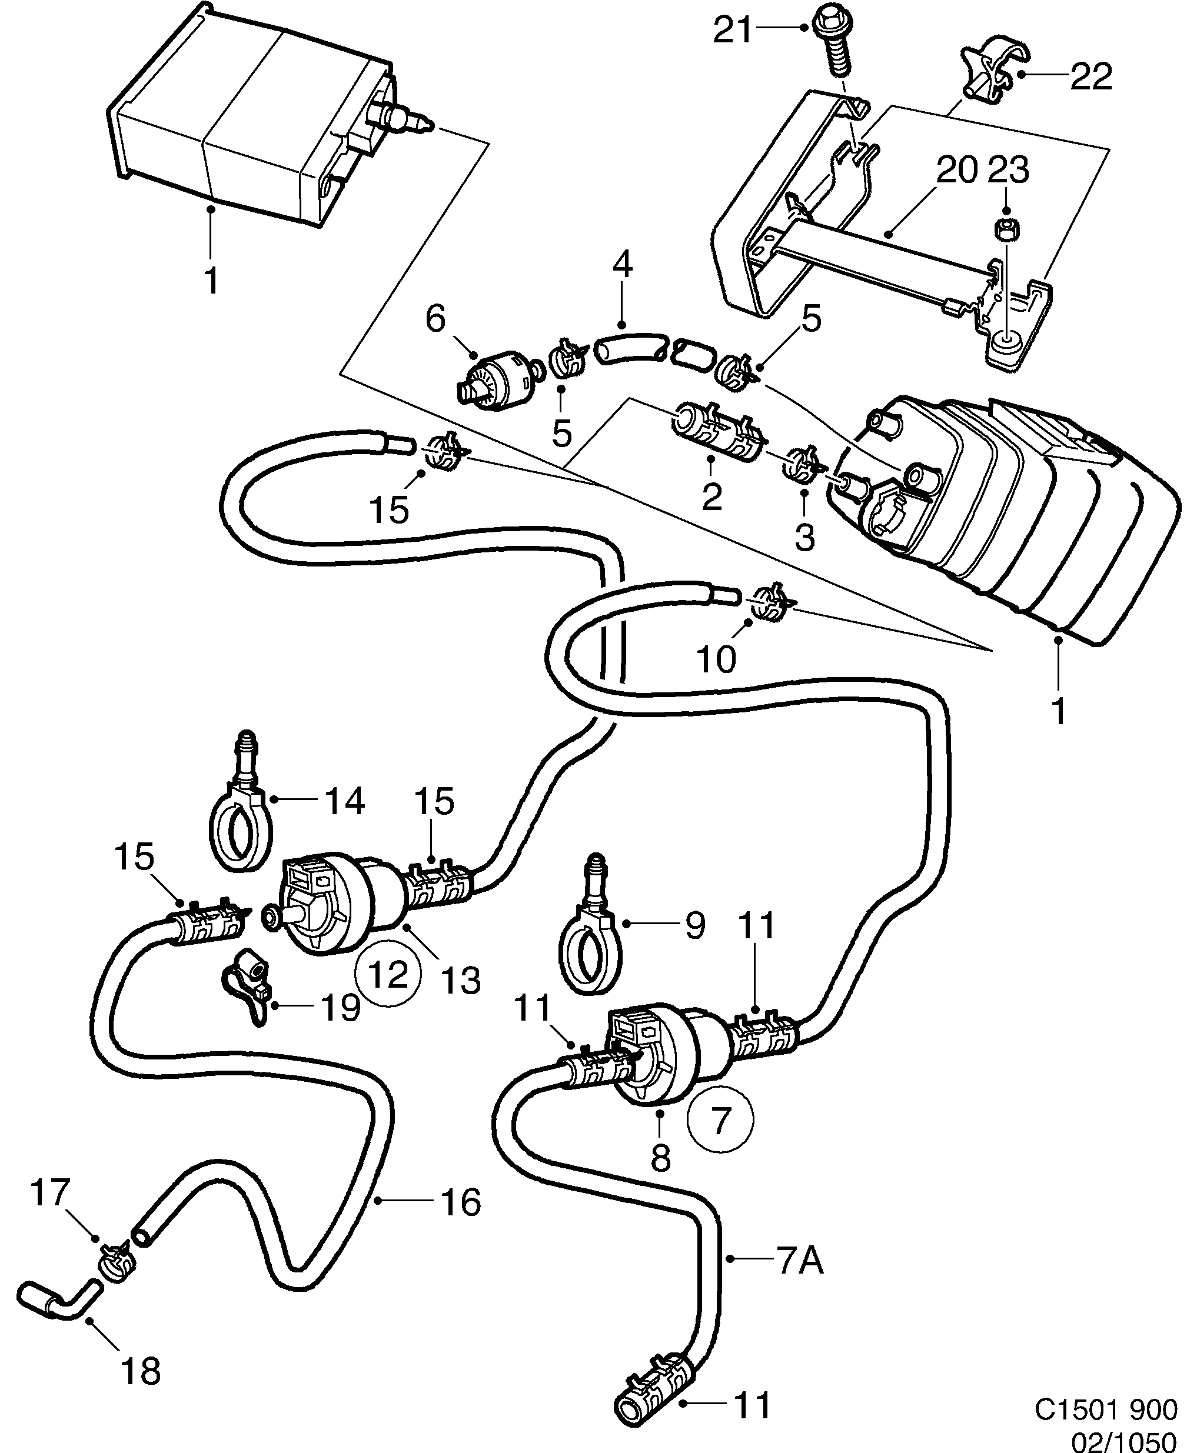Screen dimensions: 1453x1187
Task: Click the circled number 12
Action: [x=389, y=972]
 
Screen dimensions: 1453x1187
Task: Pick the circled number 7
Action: [x=719, y=1120]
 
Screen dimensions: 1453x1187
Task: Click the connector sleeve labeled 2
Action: [x=717, y=432]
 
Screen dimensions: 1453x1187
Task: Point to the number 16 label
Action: [x=461, y=1202]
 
